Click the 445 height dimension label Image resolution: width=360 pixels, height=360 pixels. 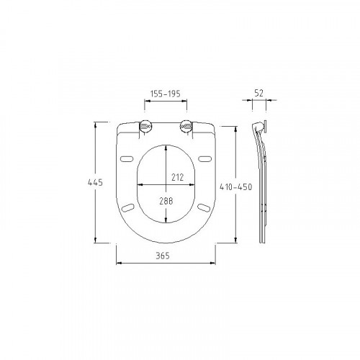pos(95,182)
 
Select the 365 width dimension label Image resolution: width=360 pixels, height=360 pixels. pos(163,256)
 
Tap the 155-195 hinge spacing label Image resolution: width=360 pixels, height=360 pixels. pos(166,94)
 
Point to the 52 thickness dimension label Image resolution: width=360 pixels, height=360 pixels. pos(259,93)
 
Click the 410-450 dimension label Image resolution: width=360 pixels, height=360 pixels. pos(236,187)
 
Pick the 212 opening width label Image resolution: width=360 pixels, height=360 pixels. pos(178,177)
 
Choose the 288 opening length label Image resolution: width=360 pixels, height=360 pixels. pos(166,201)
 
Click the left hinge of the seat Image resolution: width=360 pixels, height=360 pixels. pos(145,126)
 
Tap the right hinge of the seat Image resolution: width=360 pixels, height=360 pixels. pos(186,126)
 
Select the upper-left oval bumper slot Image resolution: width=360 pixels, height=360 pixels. pos(127,159)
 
